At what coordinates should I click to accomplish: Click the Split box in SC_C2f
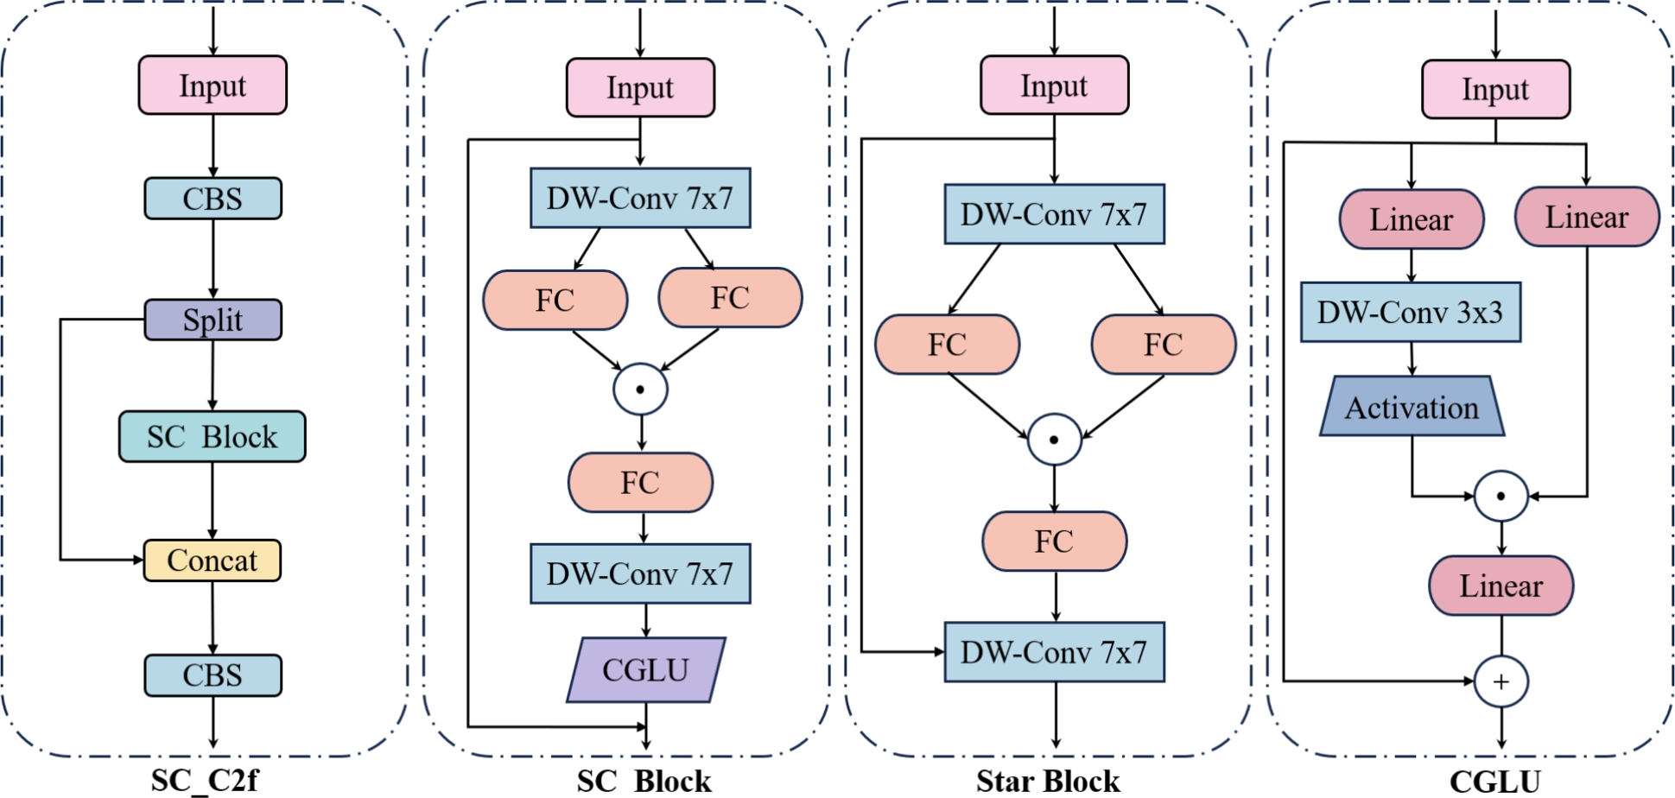click(213, 320)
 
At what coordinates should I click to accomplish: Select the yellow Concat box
click(213, 560)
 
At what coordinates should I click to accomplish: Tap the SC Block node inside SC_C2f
click(213, 436)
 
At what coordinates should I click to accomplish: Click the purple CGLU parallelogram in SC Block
click(645, 669)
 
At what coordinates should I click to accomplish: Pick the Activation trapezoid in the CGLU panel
click(1412, 407)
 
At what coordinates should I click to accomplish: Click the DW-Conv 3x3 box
click(1410, 312)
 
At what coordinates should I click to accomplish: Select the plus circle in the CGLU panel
click(1501, 681)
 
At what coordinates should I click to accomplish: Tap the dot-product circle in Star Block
click(1054, 440)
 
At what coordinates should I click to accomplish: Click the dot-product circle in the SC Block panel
click(640, 389)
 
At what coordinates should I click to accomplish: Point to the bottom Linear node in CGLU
click(1501, 586)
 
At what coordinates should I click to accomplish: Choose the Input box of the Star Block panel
click(1054, 85)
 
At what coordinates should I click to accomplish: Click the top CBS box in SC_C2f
click(213, 199)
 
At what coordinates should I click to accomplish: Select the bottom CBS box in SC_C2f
click(213, 674)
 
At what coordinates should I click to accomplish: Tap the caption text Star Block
click(1048, 782)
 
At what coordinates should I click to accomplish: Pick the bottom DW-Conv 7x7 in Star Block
click(1054, 652)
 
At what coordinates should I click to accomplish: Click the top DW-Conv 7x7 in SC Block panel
click(640, 198)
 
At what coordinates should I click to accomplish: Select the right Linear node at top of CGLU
click(1587, 217)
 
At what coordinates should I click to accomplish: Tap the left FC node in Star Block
click(947, 344)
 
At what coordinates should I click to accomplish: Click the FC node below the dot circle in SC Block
click(640, 482)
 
